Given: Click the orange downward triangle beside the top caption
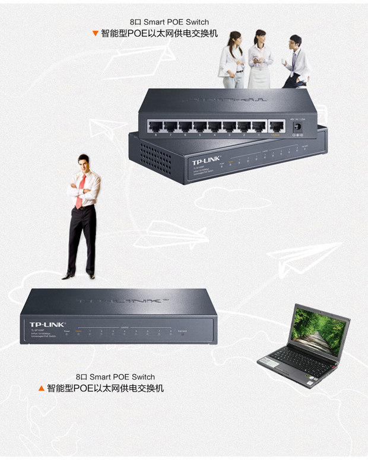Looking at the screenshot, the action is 95,33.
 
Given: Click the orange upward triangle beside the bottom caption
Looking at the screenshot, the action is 41,388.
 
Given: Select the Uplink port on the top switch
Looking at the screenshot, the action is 275,126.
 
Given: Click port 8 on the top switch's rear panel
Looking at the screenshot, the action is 156,126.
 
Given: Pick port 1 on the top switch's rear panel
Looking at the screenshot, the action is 258,126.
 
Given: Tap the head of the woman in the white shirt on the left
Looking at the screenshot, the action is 235,38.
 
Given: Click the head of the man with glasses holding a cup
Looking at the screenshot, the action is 295,41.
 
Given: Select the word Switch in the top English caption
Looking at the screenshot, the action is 196,22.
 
